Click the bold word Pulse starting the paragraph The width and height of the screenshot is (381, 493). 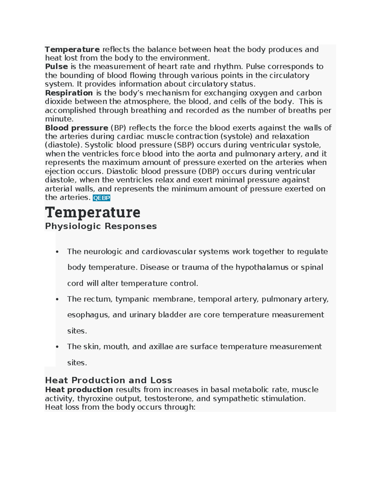[56, 67]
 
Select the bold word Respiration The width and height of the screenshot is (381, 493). [69, 93]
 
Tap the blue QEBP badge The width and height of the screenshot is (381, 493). [101, 198]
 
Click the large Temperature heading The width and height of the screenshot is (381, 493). [92, 212]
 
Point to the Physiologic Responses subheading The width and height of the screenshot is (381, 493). [101, 226]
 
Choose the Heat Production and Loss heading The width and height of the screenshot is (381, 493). [108, 380]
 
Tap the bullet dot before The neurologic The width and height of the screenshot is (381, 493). [57, 252]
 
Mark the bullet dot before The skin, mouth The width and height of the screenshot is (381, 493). [57, 347]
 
